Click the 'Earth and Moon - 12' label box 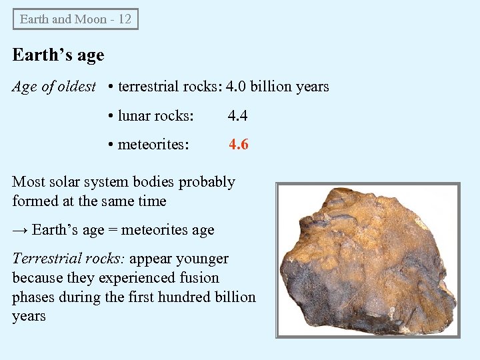(75, 19)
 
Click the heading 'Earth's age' (59, 55)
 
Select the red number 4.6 (239, 144)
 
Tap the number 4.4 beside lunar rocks (237, 116)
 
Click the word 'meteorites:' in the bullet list (153, 144)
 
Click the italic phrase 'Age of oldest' (54, 87)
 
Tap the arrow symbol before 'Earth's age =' (20, 230)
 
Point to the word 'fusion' (199, 277)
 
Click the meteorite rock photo (367, 259)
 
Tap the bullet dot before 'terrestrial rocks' (111, 87)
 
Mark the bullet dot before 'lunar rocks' (111, 116)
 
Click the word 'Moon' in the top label (91, 19)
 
